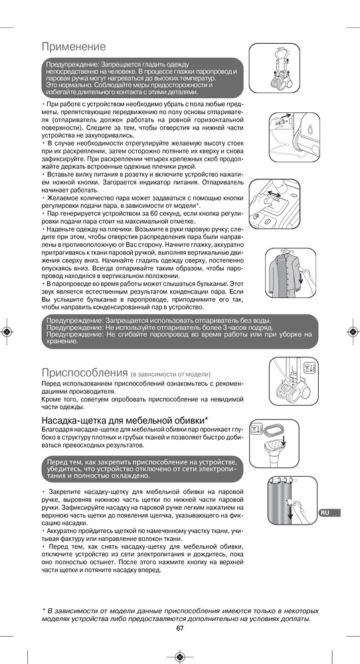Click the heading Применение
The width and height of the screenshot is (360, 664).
click(74, 46)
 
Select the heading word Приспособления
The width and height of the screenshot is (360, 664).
click(85, 373)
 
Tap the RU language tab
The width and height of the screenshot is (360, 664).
click(329, 513)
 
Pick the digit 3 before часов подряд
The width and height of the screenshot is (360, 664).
click(225, 327)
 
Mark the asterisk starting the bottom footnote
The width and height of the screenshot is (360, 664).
click(44, 610)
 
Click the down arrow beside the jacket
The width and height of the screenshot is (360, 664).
click(300, 279)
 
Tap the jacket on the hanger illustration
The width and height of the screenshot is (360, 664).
click(283, 276)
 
